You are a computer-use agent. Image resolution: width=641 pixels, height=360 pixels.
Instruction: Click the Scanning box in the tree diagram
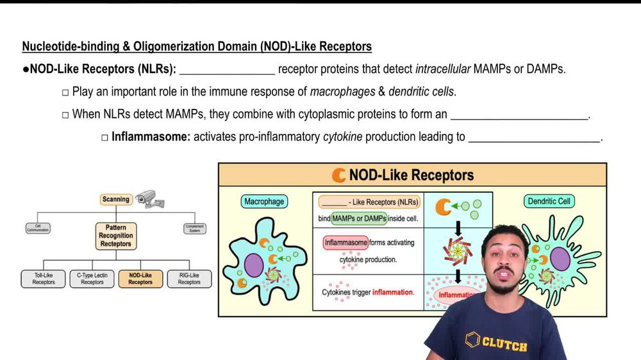pyautogui.click(x=115, y=199)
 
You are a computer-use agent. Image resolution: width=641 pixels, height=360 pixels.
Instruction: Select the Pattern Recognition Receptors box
pyautogui.click(x=116, y=236)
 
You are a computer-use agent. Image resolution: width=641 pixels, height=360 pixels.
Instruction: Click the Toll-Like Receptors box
pyautogui.click(x=44, y=279)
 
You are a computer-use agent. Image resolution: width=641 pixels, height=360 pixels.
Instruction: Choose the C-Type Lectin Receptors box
pyautogui.click(x=92, y=279)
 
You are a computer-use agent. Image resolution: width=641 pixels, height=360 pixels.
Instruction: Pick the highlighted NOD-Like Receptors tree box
pyautogui.click(x=140, y=279)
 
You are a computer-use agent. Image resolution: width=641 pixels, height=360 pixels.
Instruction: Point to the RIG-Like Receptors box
pyautogui.click(x=189, y=279)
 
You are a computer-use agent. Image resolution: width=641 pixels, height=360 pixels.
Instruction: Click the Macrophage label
pyautogui.click(x=263, y=201)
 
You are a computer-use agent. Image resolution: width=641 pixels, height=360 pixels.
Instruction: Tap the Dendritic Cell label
pyautogui.click(x=549, y=201)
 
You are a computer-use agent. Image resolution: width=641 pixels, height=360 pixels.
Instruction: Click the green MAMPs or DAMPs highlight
pyautogui.click(x=359, y=218)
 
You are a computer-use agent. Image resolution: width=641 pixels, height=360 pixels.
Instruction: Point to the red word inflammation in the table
pyautogui.click(x=393, y=292)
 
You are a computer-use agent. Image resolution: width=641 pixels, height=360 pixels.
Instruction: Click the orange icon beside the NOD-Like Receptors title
pyautogui.click(x=338, y=175)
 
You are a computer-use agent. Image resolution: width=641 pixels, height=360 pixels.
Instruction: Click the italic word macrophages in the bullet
pyautogui.click(x=342, y=92)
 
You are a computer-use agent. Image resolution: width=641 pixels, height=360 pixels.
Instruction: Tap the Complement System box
pyautogui.click(x=194, y=227)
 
